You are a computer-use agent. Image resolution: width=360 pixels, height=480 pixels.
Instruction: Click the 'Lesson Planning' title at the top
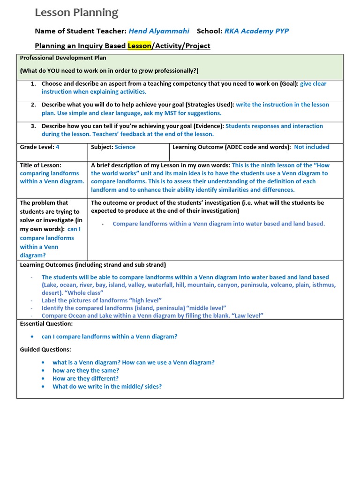[76, 13]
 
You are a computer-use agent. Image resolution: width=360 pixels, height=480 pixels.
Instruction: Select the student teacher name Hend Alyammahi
[159, 31]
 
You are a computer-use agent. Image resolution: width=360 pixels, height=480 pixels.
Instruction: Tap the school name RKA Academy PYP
[256, 31]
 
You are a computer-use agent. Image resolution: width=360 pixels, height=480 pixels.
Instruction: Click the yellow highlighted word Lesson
[139, 45]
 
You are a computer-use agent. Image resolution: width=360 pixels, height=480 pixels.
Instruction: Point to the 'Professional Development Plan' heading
[63, 58]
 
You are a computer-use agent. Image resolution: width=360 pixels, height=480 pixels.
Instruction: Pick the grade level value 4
[58, 147]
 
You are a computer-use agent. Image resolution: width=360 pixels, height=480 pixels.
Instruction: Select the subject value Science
[125, 147]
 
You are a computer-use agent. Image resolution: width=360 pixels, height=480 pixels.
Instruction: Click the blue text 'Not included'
[312, 147]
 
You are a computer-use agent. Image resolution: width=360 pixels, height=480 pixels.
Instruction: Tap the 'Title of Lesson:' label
[41, 165]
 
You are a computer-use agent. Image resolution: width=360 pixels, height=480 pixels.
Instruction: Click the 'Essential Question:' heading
[46, 323]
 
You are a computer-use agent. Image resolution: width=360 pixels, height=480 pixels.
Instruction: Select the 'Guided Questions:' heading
[45, 349]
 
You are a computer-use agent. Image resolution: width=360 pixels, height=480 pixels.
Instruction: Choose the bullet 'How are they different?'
[86, 378]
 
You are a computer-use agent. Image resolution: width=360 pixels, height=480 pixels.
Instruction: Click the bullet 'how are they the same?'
[86, 370]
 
